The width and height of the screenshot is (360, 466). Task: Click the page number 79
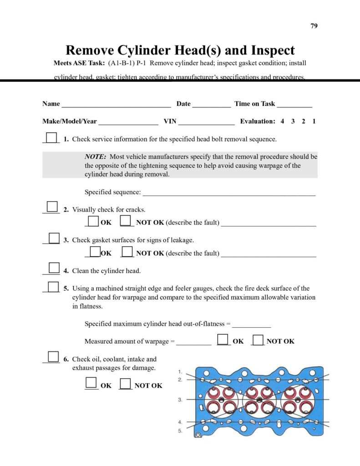[x=314, y=25]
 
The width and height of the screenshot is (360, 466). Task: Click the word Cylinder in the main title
[x=148, y=50]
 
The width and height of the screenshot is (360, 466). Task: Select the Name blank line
[x=116, y=105]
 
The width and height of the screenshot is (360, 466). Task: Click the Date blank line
[x=211, y=105]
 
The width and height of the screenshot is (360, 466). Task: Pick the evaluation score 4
[x=283, y=122]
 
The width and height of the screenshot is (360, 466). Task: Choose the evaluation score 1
[x=314, y=122]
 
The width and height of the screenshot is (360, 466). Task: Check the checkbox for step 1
[x=52, y=137]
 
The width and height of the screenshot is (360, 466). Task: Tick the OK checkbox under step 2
[x=93, y=221]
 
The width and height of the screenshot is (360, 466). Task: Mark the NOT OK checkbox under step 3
[x=127, y=252]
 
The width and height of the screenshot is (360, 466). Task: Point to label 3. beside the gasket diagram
[x=180, y=400]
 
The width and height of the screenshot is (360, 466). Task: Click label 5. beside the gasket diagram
[x=180, y=431]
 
